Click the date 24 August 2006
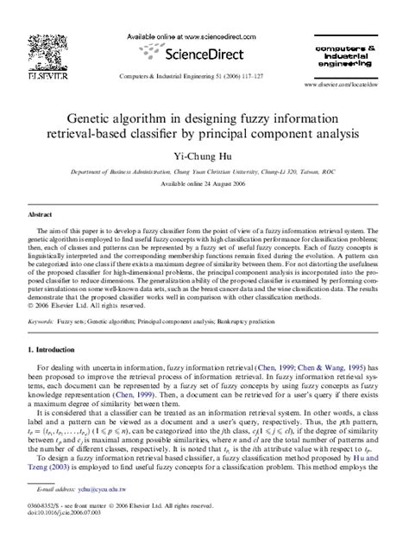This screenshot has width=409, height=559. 219,184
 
